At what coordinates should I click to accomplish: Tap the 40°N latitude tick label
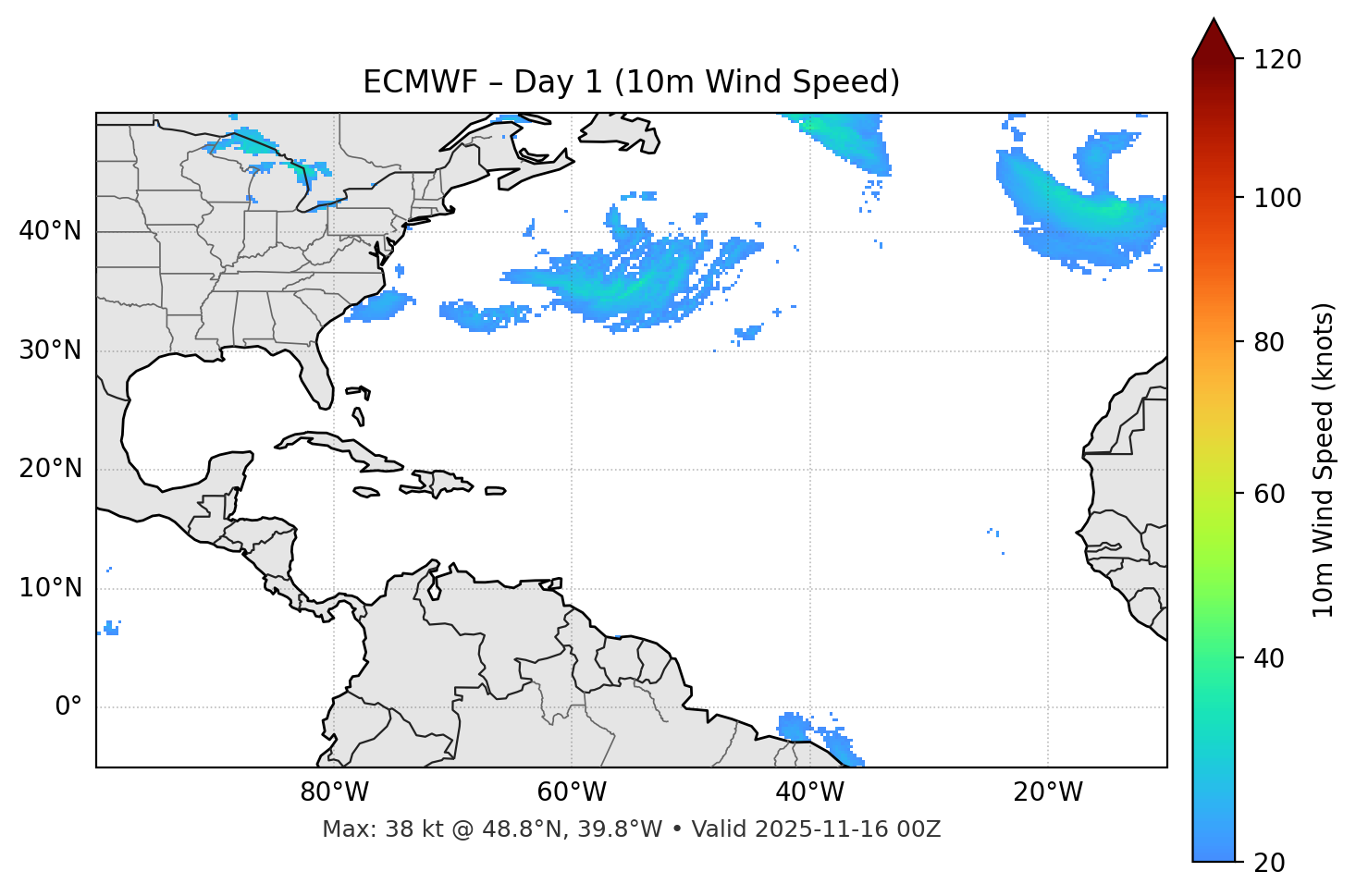pyautogui.click(x=50, y=230)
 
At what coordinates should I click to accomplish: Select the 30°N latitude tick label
pyautogui.click(x=50, y=350)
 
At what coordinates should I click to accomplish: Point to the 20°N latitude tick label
pyautogui.click(x=50, y=469)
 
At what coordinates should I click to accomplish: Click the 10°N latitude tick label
pyautogui.click(x=50, y=588)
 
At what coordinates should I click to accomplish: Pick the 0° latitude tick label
pyautogui.click(x=68, y=707)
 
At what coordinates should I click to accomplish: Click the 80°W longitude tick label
pyautogui.click(x=334, y=792)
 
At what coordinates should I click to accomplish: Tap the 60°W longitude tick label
pyautogui.click(x=572, y=792)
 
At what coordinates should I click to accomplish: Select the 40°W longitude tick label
pyautogui.click(x=809, y=792)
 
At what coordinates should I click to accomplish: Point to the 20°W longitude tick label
pyautogui.click(x=1047, y=792)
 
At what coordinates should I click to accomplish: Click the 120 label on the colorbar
pyautogui.click(x=1277, y=59)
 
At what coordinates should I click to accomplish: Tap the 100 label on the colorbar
pyautogui.click(x=1277, y=198)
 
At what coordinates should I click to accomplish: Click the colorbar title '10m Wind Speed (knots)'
pyautogui.click(x=1324, y=460)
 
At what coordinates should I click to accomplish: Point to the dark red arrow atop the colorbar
pyautogui.click(x=1214, y=40)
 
